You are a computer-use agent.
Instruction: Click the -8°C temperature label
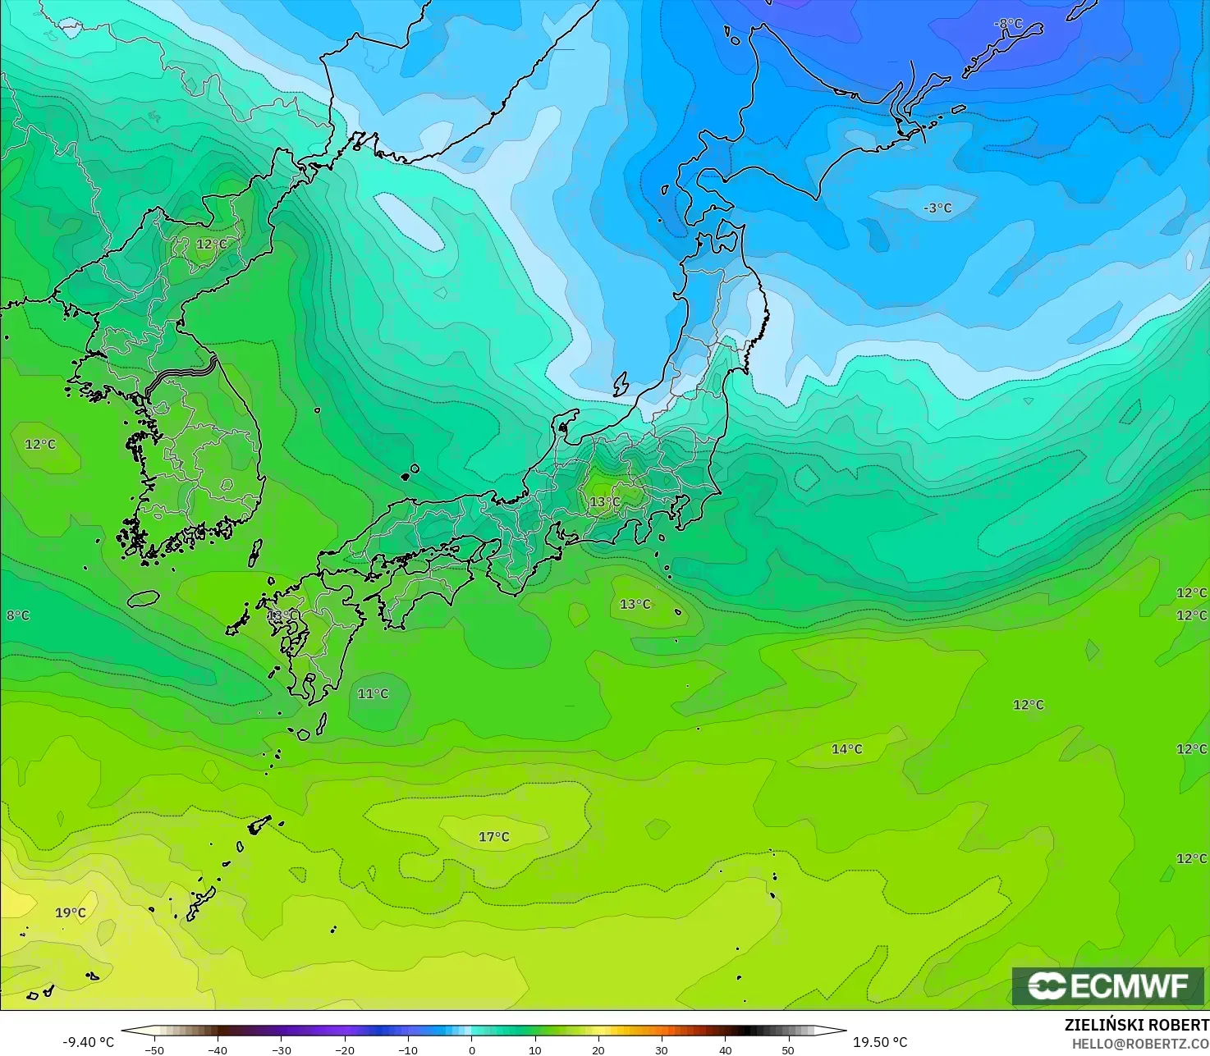1008,24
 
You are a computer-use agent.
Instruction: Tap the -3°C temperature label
937,208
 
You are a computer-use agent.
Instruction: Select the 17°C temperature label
494,837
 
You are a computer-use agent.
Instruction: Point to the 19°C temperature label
70,912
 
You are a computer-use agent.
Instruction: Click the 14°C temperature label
847,749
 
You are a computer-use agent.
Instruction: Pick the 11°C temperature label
373,694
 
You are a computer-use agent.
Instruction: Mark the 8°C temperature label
17,615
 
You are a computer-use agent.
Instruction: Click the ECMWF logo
1107,986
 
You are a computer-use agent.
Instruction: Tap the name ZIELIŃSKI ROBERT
1136,1026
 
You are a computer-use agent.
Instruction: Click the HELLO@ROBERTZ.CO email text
1140,1043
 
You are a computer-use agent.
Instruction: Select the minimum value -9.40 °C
88,1042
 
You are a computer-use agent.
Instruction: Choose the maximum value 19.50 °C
880,1042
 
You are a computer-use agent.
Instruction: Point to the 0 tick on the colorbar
472,1049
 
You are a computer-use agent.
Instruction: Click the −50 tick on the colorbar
154,1049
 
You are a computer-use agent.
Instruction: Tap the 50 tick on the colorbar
788,1049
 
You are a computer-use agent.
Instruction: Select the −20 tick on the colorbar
345,1049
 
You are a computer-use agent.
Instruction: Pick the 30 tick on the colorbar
662,1049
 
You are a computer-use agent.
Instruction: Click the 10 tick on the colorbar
535,1049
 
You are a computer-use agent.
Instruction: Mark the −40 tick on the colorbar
218,1049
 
